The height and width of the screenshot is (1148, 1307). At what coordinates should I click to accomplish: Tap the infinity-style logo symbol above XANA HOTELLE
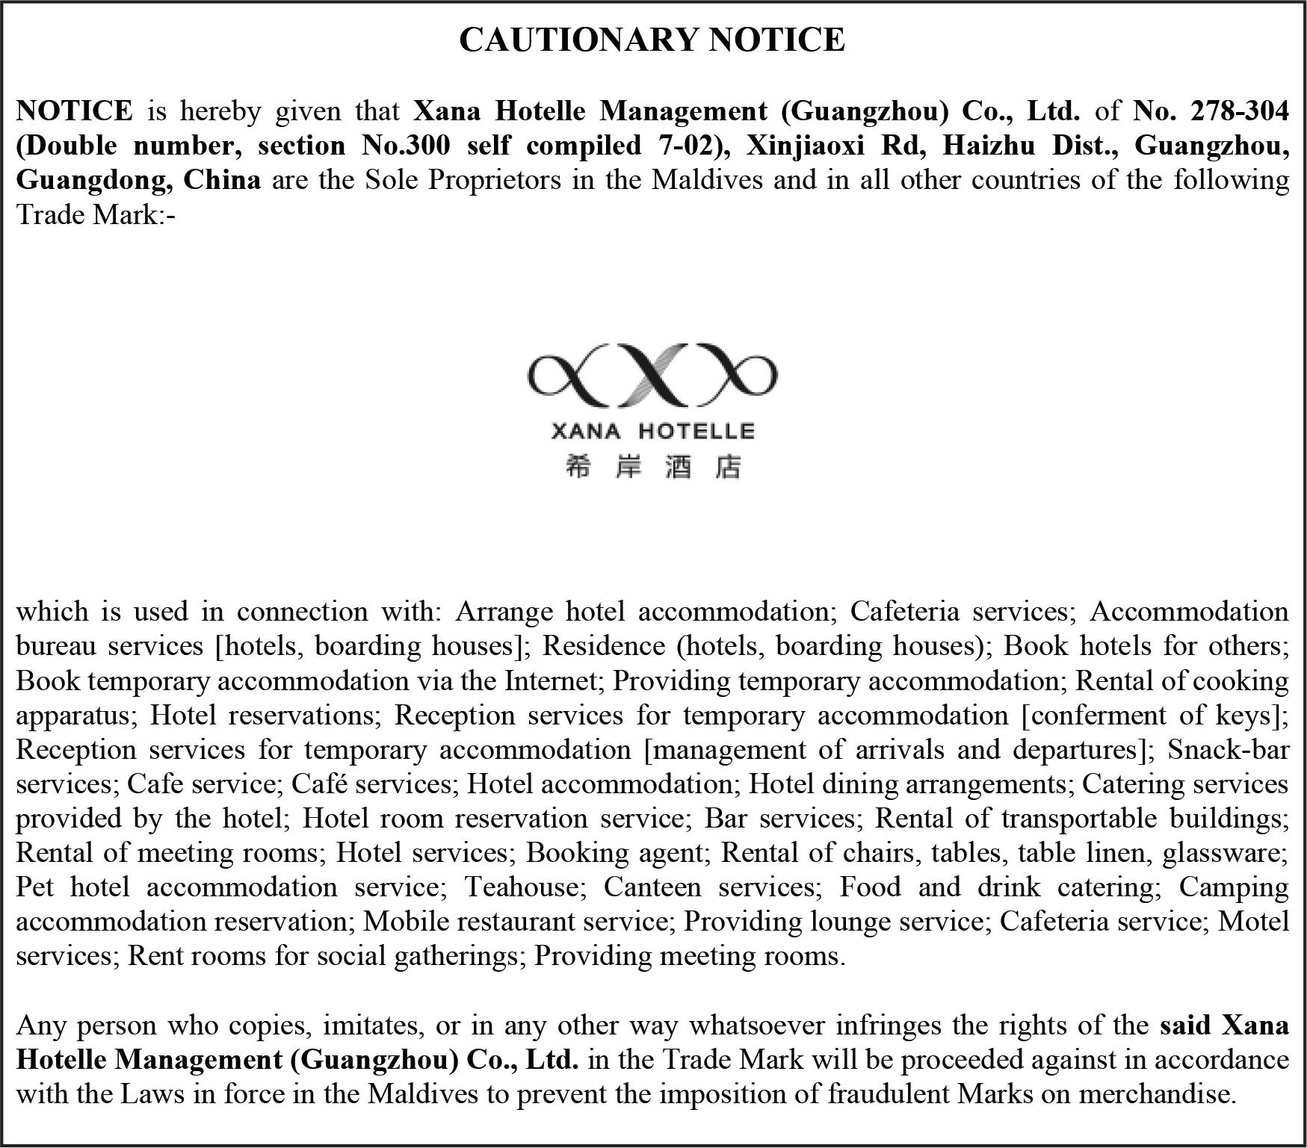point(652,374)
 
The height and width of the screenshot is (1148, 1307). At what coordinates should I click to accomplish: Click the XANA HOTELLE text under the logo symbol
point(652,431)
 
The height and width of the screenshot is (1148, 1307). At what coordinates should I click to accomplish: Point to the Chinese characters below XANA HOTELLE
point(652,468)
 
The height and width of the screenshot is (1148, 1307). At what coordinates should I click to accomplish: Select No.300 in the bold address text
point(406,145)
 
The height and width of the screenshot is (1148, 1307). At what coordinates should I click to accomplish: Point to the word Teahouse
point(522,887)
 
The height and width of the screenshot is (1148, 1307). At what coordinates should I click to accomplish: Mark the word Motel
point(1253,921)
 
